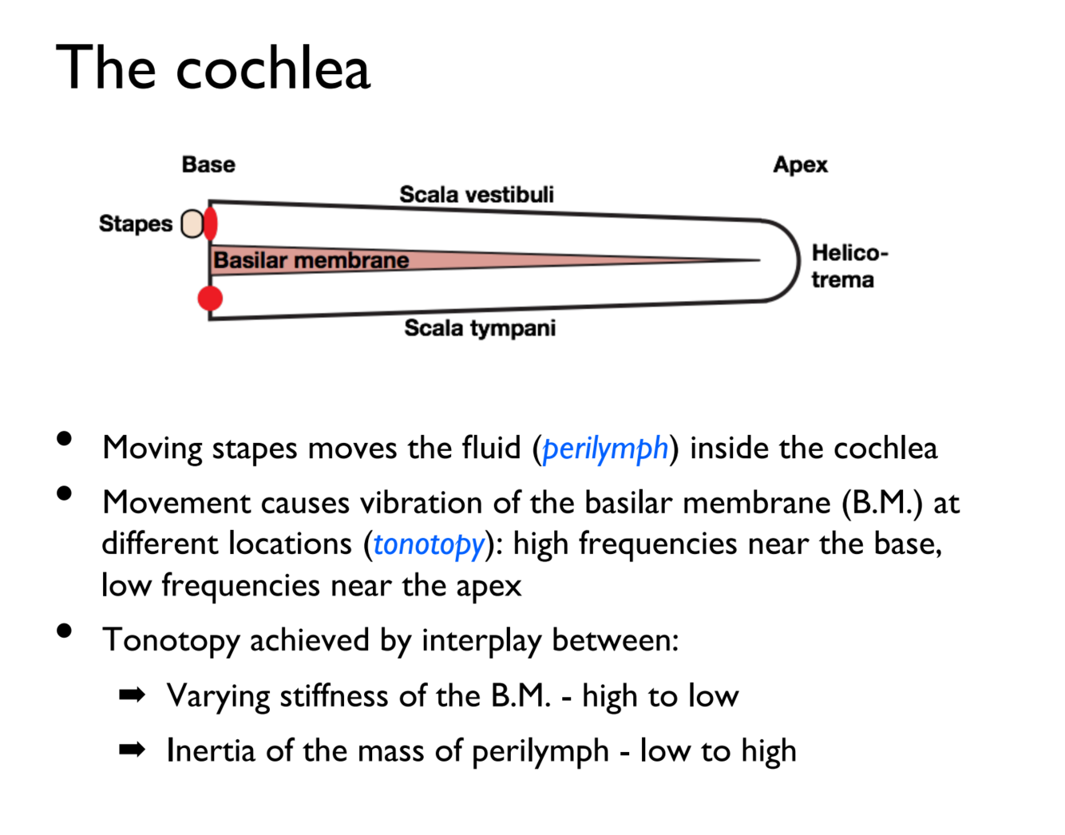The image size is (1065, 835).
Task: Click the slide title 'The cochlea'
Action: tap(213, 68)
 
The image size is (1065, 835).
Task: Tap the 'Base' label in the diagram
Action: tap(208, 164)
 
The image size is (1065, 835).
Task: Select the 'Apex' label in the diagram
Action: tap(800, 164)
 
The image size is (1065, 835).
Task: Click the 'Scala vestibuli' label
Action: tap(477, 194)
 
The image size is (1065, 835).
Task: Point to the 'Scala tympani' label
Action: tap(480, 327)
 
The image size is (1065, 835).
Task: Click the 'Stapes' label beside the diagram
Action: tap(136, 224)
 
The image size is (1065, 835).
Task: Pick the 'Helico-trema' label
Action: tap(849, 266)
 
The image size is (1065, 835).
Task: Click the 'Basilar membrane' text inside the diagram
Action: tap(311, 260)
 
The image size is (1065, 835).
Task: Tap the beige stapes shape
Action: tap(192, 224)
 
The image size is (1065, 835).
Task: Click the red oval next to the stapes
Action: tap(211, 224)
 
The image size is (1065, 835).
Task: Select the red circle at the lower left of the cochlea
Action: tap(210, 298)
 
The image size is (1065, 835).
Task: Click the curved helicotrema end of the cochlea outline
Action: tap(797, 260)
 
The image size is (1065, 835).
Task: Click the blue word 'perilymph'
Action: tap(605, 448)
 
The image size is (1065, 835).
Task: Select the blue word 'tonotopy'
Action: tap(429, 544)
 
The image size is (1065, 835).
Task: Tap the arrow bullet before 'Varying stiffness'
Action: tap(132, 695)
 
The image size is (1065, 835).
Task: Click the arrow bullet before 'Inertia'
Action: tap(132, 750)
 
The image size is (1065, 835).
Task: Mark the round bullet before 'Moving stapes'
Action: tap(65, 438)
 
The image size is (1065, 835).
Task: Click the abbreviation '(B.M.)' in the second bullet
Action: tap(882, 503)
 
